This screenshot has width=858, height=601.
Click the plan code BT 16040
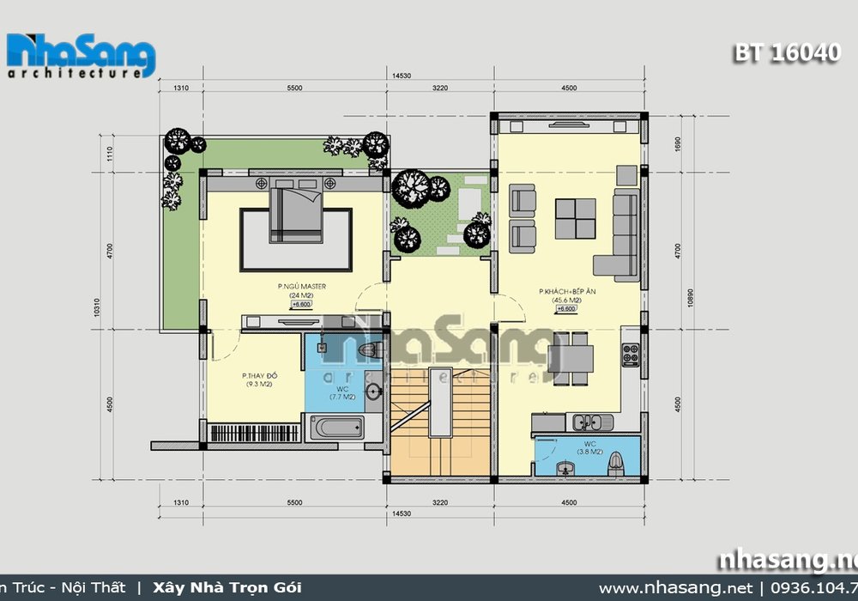click(x=786, y=52)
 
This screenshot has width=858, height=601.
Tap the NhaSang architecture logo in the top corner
click(x=82, y=57)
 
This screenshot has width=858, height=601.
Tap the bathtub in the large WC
click(x=335, y=428)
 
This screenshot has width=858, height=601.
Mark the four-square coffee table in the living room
click(x=575, y=218)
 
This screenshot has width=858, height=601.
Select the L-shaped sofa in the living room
click(x=620, y=237)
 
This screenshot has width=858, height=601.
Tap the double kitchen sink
click(x=592, y=422)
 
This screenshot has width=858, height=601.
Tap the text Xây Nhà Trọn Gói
click(x=227, y=588)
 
